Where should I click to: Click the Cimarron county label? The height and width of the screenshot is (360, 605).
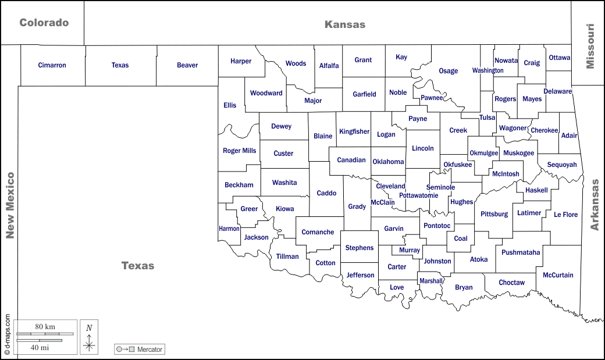coord(52,65)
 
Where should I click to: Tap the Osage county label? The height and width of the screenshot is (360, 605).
coord(448,71)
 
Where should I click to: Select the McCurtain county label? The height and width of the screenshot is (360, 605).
coord(558,275)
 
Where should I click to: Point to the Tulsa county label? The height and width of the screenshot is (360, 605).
coord(487,117)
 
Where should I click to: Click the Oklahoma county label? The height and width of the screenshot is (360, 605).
coord(388,162)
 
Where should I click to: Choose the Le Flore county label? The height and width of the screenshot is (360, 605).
coord(565,215)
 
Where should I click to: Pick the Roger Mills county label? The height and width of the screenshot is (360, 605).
coord(239,151)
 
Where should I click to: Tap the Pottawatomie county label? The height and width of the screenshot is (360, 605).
coord(418,195)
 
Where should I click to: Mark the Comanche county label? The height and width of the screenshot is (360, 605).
coord(318,232)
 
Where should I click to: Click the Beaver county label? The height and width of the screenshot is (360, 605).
coord(187,65)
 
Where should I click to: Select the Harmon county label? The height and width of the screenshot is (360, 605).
coord(229,229)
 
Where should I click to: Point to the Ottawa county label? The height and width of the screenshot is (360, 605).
coord(559,58)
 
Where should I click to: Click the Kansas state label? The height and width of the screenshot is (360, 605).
coord(345,24)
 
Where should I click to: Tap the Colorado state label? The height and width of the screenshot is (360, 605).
coord(44,23)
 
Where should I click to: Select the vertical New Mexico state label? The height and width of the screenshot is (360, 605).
coord(9,205)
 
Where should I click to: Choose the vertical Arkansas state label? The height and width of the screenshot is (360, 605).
coord(595,205)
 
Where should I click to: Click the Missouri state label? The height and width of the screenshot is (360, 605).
coord(590,47)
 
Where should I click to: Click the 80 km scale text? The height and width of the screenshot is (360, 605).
coord(45,327)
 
